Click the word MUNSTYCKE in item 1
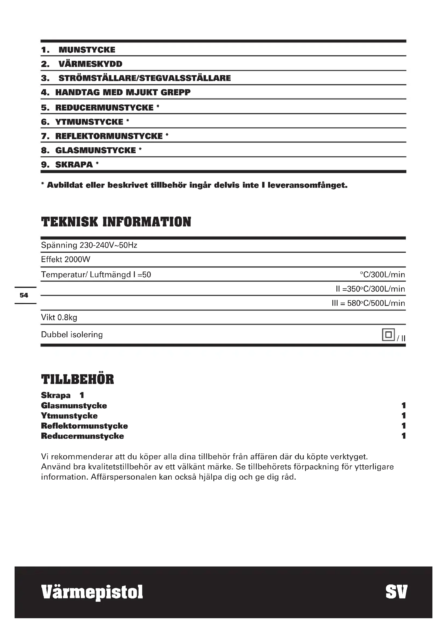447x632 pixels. tap(87, 50)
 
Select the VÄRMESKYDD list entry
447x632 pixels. tap(90, 64)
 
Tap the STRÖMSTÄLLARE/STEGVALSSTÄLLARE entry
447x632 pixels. tap(145, 78)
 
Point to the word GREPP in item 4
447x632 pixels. tap(175, 92)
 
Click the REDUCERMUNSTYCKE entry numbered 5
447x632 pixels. tap(104, 108)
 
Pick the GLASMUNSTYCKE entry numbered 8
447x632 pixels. tap(95, 151)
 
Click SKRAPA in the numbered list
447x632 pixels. tap(74, 165)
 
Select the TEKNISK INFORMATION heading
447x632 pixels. tap(116, 222)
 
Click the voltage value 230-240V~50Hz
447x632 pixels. tap(108, 245)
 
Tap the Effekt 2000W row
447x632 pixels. tap(65, 260)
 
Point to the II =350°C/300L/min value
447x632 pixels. tap(370, 289)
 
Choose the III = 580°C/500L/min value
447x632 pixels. tap(368, 303)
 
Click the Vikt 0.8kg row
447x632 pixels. tap(59, 318)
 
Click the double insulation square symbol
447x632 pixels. tap(388, 335)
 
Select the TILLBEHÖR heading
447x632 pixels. tap(77, 380)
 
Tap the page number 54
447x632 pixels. tap(24, 295)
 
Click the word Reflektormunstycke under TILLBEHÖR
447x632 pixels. tap(84, 426)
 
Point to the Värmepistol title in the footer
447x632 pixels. tap(92, 592)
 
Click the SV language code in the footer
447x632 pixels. tap(396, 592)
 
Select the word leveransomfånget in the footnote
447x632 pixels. tap(307, 185)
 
